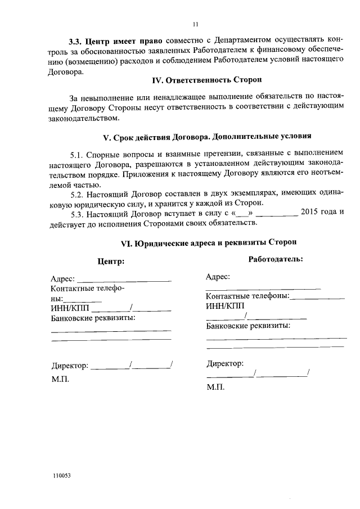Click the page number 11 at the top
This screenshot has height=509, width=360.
[195, 24]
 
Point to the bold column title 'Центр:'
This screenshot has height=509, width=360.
[111, 262]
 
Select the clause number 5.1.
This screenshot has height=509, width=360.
[76, 154]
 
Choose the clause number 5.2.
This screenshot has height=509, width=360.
[76, 193]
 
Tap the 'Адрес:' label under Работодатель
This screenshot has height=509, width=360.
[218, 277]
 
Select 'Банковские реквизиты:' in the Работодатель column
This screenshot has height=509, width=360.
[248, 326]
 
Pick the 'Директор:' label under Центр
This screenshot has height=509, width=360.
[70, 366]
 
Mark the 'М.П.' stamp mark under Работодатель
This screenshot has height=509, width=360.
[215, 388]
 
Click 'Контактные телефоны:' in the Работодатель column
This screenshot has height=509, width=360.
[247, 296]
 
